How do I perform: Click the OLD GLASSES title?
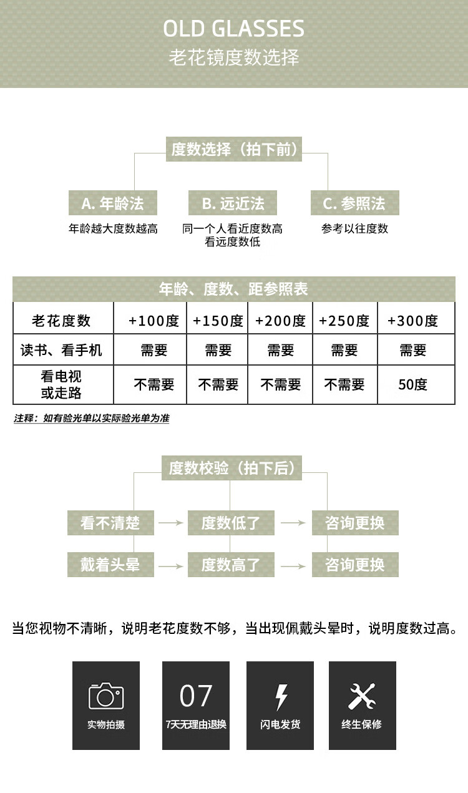click(233, 29)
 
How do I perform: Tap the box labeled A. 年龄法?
click(112, 203)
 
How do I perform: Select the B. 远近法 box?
click(233, 203)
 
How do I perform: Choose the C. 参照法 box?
click(354, 203)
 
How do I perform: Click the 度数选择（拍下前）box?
click(233, 150)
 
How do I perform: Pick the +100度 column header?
click(154, 321)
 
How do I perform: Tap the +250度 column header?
click(344, 321)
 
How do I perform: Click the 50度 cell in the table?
click(412, 384)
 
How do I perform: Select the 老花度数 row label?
click(61, 321)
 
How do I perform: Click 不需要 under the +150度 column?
click(218, 384)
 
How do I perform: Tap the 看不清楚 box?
click(110, 523)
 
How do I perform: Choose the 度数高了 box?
click(230, 565)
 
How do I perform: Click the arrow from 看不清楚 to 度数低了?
click(170, 523)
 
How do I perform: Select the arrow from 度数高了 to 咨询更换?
click(293, 566)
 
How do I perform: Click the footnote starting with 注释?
click(92, 418)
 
